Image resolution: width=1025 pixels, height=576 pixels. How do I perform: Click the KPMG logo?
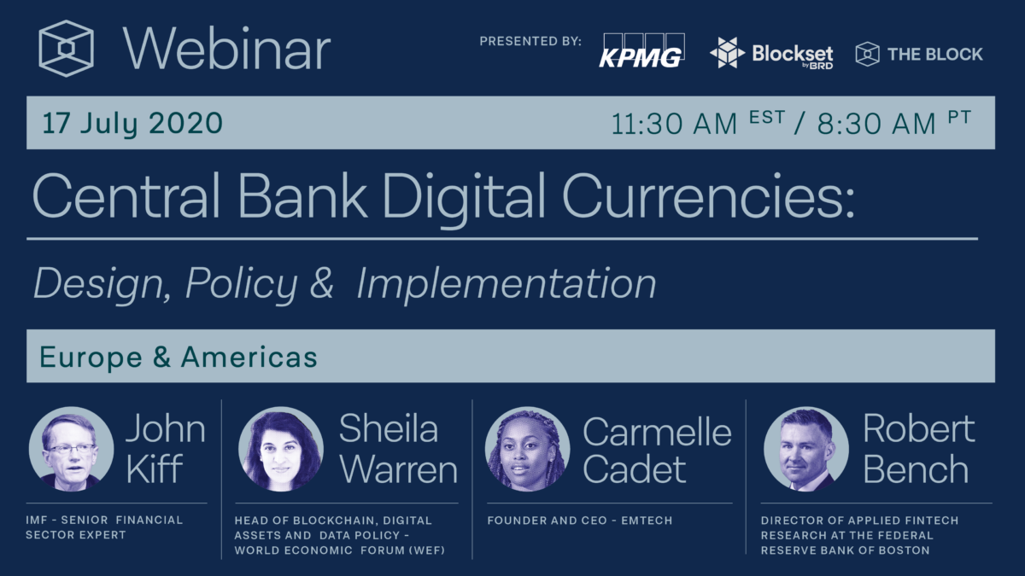tap(642, 50)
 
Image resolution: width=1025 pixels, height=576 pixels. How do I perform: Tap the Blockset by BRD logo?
tap(771, 53)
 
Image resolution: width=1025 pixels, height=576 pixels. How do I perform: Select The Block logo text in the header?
tap(934, 54)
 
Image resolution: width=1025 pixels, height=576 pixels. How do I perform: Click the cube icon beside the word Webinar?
tap(67, 48)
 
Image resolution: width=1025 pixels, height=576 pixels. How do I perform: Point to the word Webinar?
tap(226, 49)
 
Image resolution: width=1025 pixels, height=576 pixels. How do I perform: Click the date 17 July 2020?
tap(132, 123)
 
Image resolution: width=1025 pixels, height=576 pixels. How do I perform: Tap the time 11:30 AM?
tap(674, 124)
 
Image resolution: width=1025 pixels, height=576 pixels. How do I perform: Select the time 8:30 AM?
tap(876, 124)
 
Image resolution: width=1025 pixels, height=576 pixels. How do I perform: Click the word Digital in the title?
tap(464, 197)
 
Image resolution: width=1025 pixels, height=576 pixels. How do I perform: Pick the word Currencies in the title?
tap(708, 195)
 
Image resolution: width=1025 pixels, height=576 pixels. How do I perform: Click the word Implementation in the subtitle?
tap(506, 284)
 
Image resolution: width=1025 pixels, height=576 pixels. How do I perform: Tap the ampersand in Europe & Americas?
tap(161, 357)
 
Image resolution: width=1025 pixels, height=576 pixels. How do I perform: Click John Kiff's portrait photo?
tap(72, 449)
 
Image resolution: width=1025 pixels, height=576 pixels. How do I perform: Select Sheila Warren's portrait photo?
tap(281, 449)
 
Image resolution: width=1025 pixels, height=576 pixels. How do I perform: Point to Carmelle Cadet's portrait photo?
tap(528, 449)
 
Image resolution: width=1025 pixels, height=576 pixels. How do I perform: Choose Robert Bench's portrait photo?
tap(806, 449)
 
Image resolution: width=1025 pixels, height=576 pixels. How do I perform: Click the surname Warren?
tap(398, 469)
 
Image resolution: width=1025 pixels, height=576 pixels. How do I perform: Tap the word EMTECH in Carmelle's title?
tap(647, 521)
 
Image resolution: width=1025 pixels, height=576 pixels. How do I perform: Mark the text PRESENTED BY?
tap(530, 41)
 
